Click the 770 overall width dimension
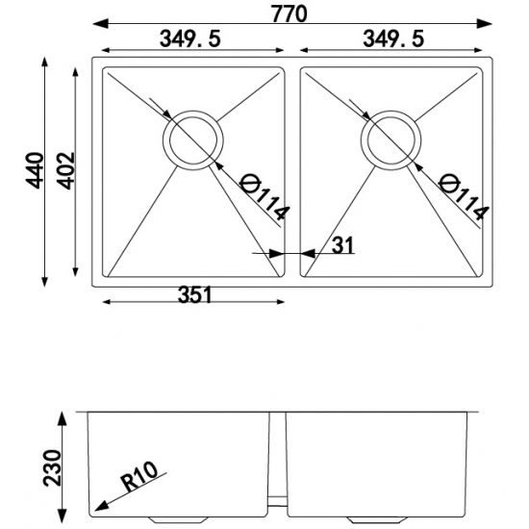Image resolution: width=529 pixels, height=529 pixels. coord(293,13)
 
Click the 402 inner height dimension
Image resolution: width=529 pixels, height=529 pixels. coord(65,170)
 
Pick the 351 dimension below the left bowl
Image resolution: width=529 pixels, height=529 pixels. coord(192,295)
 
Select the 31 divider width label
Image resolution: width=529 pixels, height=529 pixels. coord(342,245)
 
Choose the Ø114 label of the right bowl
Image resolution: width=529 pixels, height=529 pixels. coord(464,196)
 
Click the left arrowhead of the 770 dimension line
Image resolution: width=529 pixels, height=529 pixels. coord(99,22)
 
